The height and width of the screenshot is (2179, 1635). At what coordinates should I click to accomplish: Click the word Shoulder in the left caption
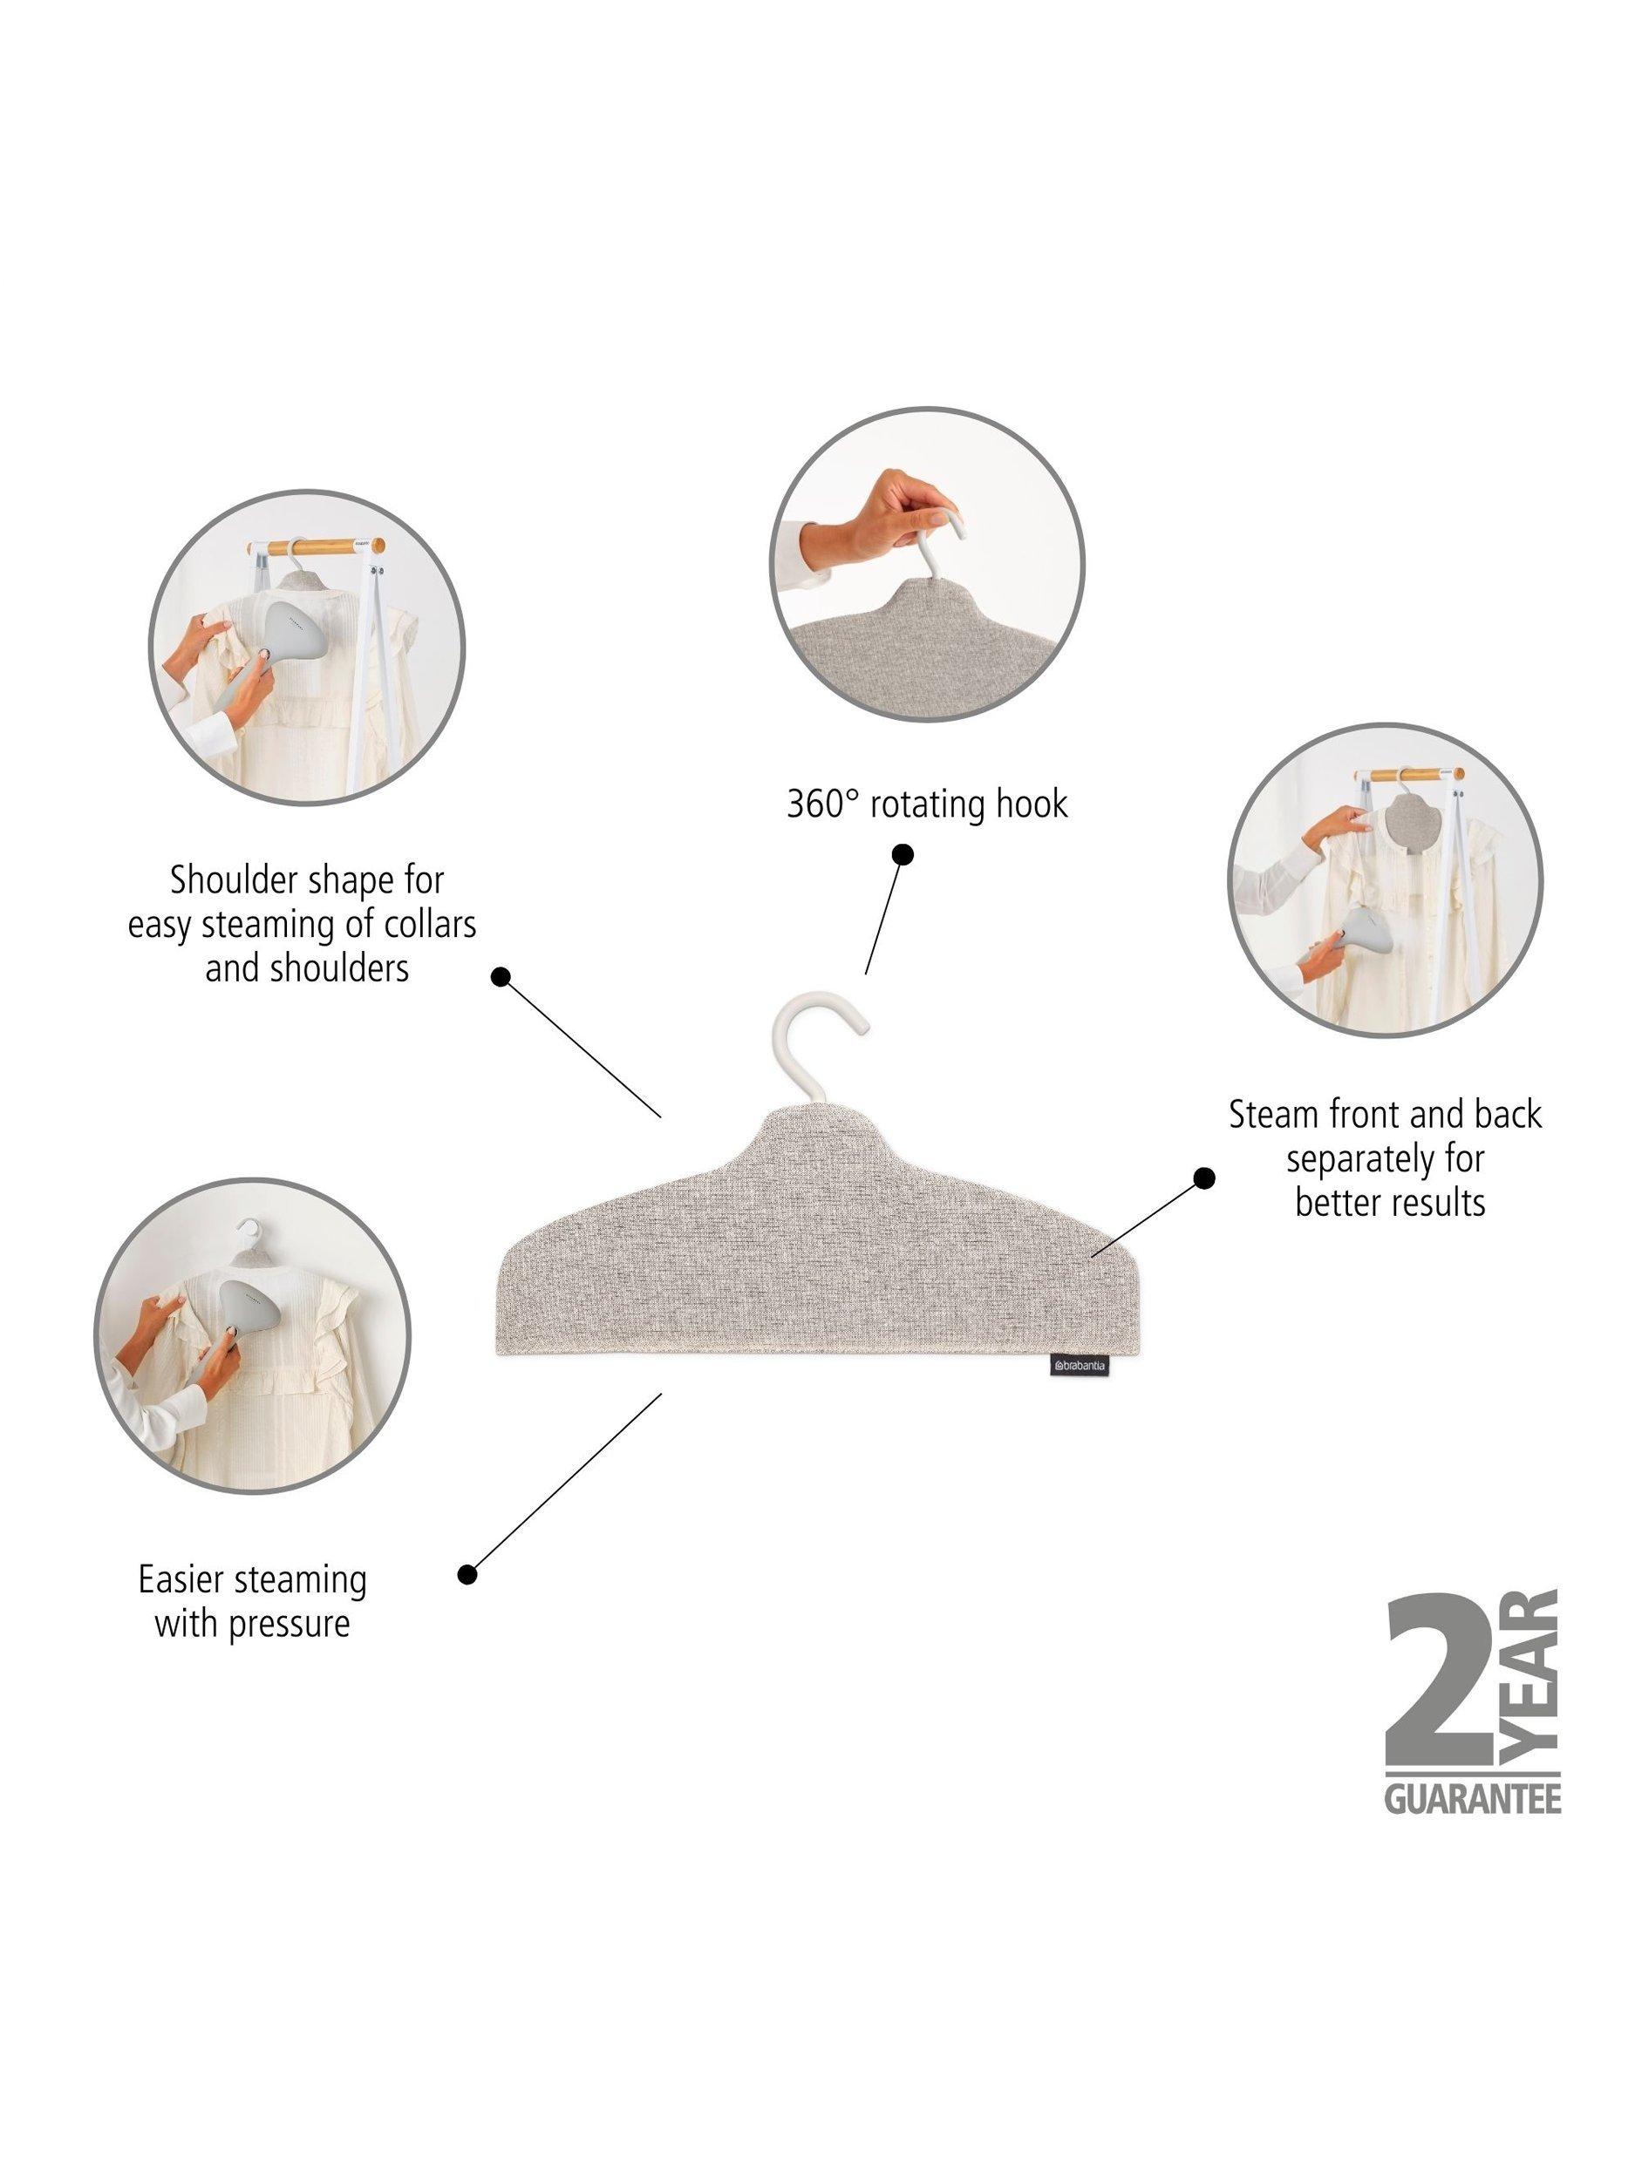(x=235, y=879)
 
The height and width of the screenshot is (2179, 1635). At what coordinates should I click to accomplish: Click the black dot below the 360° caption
(x=902, y=853)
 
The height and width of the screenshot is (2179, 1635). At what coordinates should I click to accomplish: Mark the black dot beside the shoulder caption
(x=501, y=977)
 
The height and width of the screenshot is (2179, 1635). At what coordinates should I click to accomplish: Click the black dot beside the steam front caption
(x=1203, y=1178)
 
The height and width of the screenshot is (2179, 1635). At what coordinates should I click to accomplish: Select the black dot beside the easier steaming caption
(x=468, y=1575)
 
